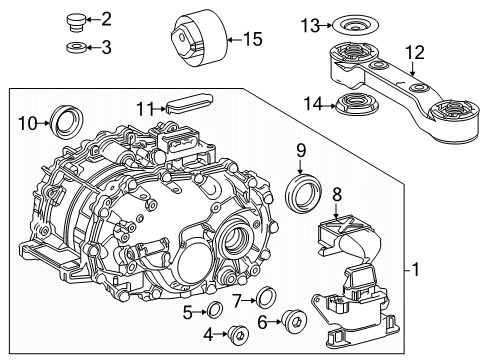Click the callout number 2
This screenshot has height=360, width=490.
[x=107, y=18]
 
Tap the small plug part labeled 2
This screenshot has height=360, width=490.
[x=74, y=19]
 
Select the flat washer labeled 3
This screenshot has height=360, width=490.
[x=74, y=46]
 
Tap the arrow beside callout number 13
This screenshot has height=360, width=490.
[x=325, y=24]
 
